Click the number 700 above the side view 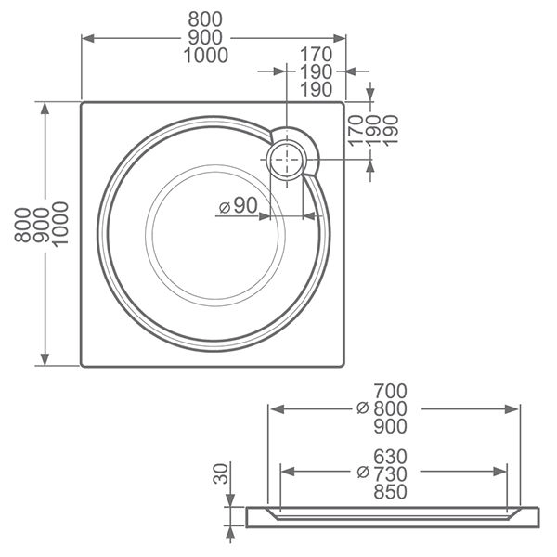[x=391, y=391]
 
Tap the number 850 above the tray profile [x=391, y=492]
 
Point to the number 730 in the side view [x=391, y=473]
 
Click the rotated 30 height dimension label [x=220, y=475]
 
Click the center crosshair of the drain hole [x=287, y=161]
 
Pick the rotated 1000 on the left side [x=60, y=224]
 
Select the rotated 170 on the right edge [x=353, y=128]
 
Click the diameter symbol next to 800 [x=363, y=408]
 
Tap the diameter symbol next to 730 [x=363, y=473]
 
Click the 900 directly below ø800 [x=391, y=426]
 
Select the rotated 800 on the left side [x=22, y=224]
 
